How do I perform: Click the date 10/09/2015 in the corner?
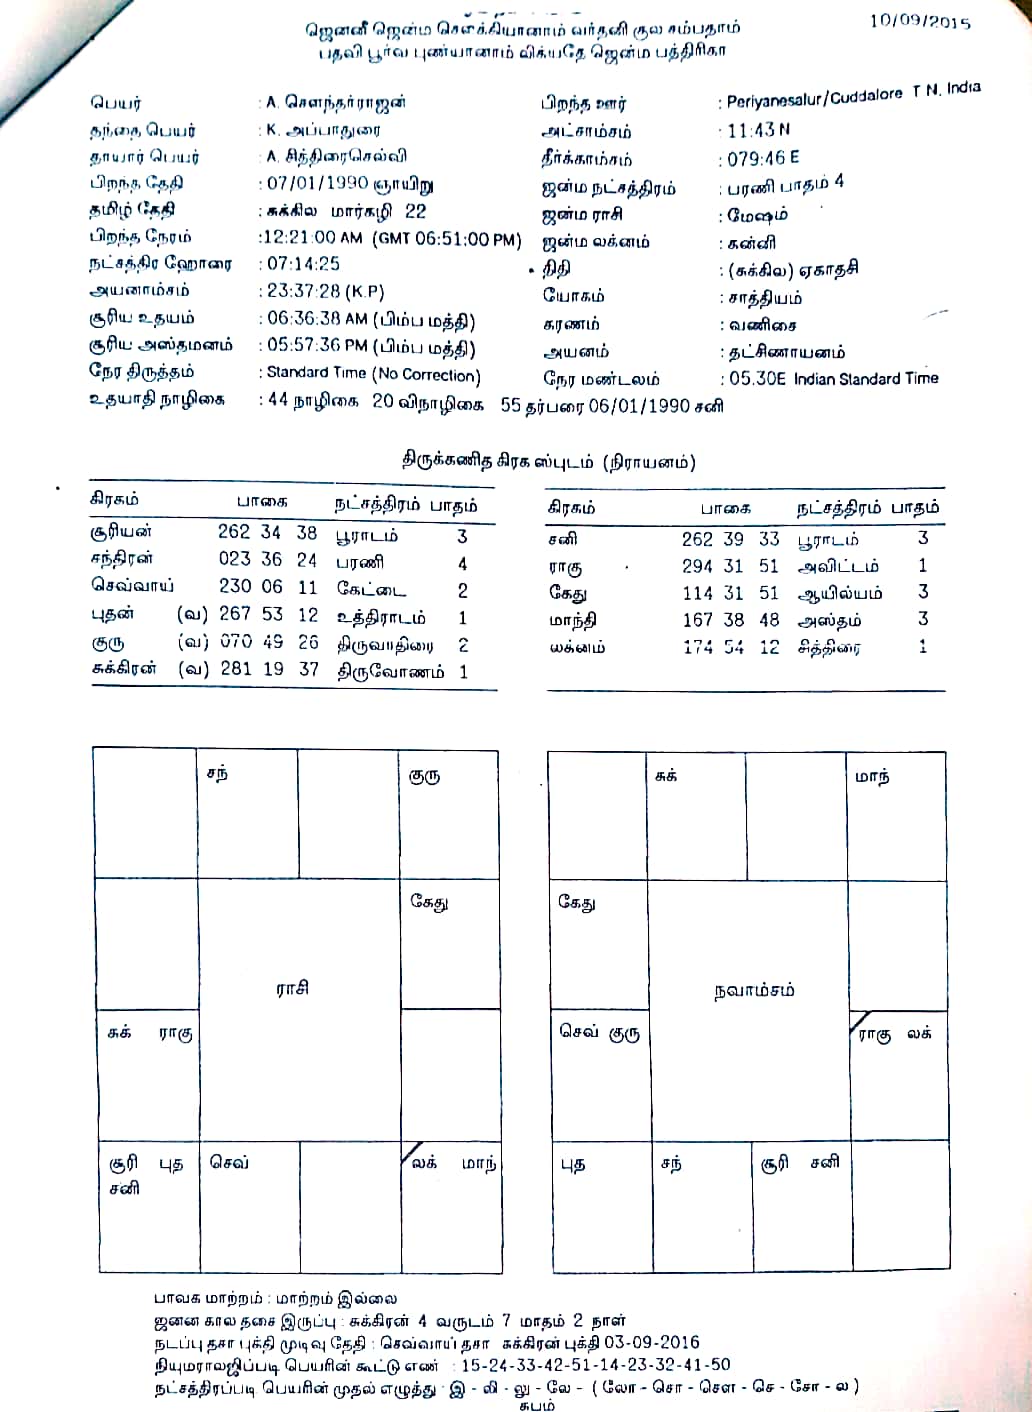tap(919, 21)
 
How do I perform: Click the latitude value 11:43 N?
tap(759, 130)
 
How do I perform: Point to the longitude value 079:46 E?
tap(763, 158)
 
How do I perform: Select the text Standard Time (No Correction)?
tap(373, 374)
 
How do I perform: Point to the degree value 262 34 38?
tap(267, 532)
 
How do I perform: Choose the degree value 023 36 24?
tap(267, 559)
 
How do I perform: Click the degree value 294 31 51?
tap(730, 566)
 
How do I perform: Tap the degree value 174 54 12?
tap(730, 648)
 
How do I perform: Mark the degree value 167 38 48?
tap(730, 620)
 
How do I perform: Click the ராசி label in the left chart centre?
tap(292, 988)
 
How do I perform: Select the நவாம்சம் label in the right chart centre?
tap(754, 991)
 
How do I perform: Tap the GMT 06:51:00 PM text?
tap(447, 239)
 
